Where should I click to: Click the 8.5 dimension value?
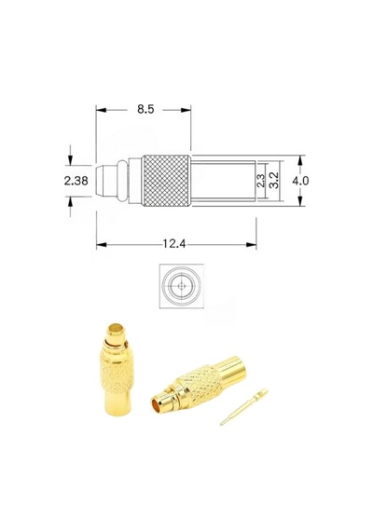[x=145, y=109]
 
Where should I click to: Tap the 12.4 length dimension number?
[x=174, y=243]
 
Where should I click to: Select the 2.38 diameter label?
[x=76, y=181]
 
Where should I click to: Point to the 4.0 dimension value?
[x=300, y=181]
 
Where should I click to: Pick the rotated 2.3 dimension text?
[x=260, y=181]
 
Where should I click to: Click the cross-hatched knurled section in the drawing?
[x=165, y=181]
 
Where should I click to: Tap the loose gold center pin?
[x=243, y=407]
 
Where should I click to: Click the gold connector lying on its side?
[x=199, y=385]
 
